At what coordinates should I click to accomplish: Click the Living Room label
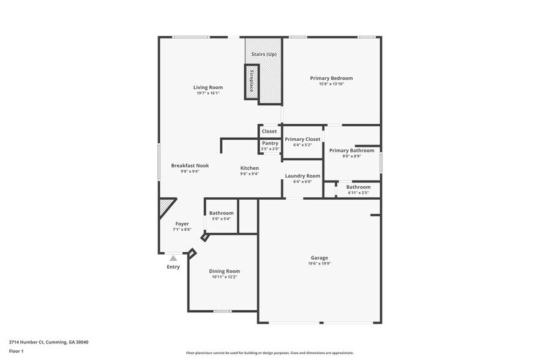pos(208,88)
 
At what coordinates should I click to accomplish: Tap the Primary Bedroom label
pos(331,78)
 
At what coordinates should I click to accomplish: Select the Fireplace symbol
pos(251,81)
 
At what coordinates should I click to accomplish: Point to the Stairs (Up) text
pos(264,54)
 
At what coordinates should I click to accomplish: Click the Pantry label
pos(270,143)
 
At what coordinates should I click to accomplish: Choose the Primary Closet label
pos(302,140)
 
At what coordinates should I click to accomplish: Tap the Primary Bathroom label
pos(351,151)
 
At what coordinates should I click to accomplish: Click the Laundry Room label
pos(302,176)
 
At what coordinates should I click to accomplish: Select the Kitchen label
pos(249,168)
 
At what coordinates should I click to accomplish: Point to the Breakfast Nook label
pos(190,166)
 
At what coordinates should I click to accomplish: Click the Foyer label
pos(182,224)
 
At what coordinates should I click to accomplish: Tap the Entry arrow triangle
pos(173,258)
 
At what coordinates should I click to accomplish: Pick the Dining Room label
pos(225,271)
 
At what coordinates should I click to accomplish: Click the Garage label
pos(319,258)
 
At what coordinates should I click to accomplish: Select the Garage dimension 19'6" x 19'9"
pos(319,264)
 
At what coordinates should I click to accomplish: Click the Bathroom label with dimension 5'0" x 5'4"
pos(221,213)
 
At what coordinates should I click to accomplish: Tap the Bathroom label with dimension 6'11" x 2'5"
pos(358,187)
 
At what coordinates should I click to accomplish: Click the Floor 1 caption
pos(16,351)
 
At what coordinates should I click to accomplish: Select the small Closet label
pos(269,132)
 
